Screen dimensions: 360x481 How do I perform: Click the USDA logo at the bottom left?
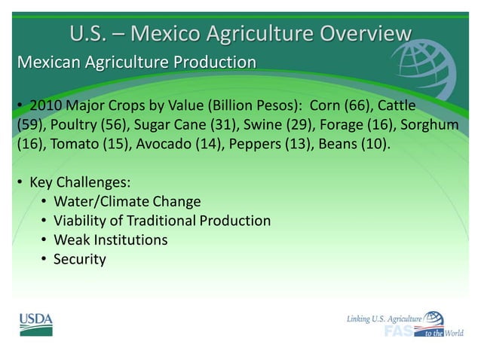(x=35, y=324)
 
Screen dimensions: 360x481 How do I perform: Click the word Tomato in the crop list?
(x=73, y=144)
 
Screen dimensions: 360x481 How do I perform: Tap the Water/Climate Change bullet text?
(x=127, y=202)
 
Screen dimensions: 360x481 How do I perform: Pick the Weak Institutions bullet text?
(x=110, y=240)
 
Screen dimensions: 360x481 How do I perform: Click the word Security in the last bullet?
(x=79, y=260)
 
